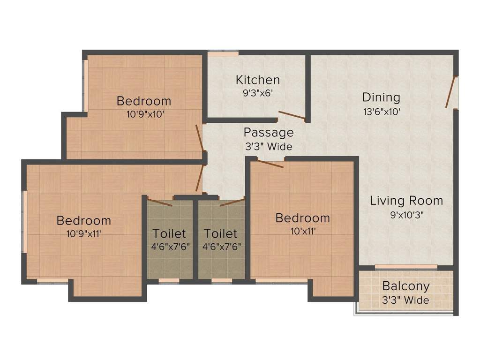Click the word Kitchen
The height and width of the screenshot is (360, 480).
(257, 80)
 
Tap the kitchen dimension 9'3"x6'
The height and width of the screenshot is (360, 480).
(257, 93)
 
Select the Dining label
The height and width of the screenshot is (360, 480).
(381, 97)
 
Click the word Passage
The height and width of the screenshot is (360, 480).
(268, 132)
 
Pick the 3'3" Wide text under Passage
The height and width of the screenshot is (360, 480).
(268, 146)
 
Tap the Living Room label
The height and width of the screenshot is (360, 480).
(406, 201)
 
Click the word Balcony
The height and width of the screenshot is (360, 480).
(405, 286)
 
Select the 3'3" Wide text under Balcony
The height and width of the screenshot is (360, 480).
(405, 300)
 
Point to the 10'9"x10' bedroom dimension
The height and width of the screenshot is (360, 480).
(144, 114)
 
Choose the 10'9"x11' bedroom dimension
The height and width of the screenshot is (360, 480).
(84, 233)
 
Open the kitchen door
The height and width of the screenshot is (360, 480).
(292, 115)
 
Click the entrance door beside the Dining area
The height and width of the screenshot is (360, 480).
(451, 92)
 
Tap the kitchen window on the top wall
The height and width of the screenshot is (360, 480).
(217, 53)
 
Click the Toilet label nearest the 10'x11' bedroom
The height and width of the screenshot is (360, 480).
(220, 233)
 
